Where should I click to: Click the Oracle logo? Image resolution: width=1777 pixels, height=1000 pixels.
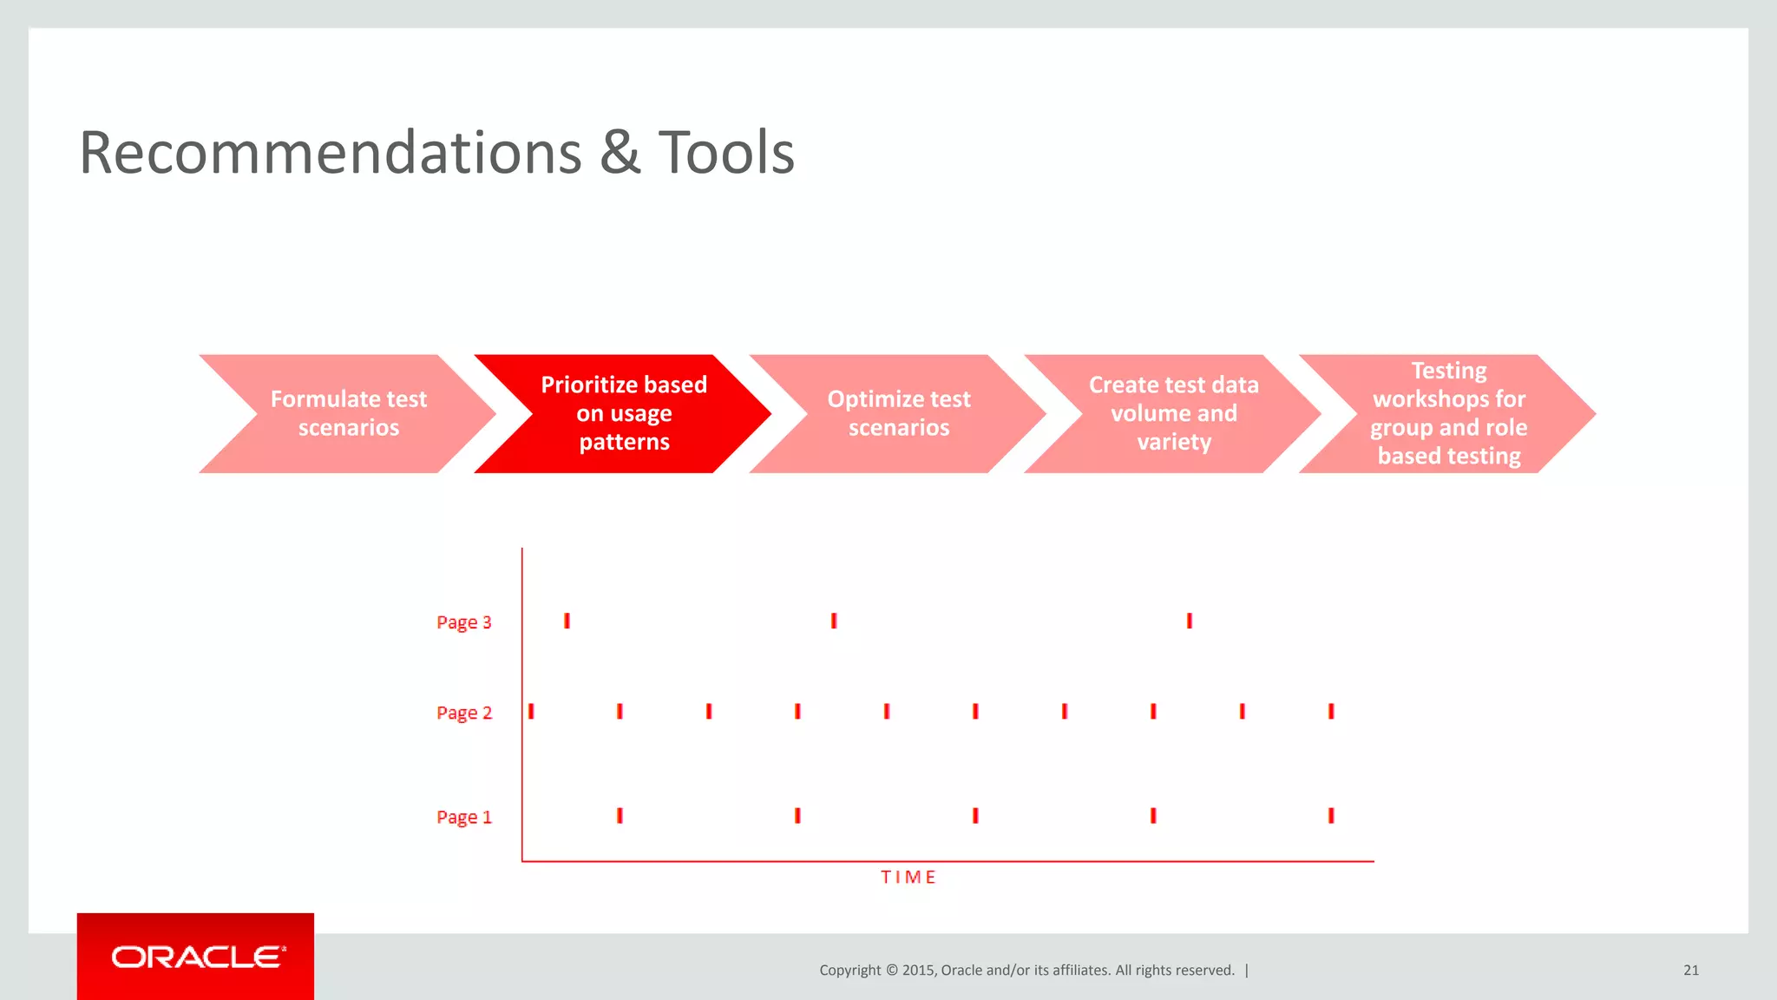pyautogui.click(x=197, y=957)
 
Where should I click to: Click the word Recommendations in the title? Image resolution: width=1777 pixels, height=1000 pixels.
pyautogui.click(x=330, y=153)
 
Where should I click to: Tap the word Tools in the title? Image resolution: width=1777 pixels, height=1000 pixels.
pyautogui.click(x=726, y=153)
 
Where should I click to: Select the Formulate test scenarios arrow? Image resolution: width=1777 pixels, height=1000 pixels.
pyautogui.click(x=348, y=413)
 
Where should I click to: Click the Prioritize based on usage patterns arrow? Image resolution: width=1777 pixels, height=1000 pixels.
pyautogui.click(x=624, y=413)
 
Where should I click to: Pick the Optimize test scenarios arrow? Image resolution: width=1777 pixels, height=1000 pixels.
pyautogui.click(x=899, y=413)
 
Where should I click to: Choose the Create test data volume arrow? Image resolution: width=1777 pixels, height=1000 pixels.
pyautogui.click(x=1173, y=413)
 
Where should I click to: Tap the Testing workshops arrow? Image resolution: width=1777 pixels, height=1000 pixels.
pyautogui.click(x=1448, y=413)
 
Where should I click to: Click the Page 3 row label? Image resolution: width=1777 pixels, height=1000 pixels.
pyautogui.click(x=463, y=622)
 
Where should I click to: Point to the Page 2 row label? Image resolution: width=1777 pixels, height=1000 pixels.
pyautogui.click(x=463, y=713)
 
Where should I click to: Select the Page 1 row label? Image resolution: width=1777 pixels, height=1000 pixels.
pyautogui.click(x=463, y=817)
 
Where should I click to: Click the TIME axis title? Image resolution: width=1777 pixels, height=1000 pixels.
pyautogui.click(x=908, y=878)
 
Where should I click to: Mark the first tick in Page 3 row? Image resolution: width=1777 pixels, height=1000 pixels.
pyautogui.click(x=567, y=621)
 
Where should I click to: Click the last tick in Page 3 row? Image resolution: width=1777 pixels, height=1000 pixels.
pyautogui.click(x=1190, y=621)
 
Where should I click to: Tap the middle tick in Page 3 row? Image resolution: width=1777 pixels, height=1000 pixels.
pyautogui.click(x=834, y=621)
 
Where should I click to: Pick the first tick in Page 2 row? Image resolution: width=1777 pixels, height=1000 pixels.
pyautogui.click(x=531, y=711)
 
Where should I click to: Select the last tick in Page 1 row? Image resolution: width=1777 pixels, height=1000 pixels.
pyautogui.click(x=1331, y=815)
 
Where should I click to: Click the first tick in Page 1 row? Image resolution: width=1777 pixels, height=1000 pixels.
pyautogui.click(x=620, y=815)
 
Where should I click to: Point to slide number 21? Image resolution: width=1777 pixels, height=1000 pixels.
pyautogui.click(x=1690, y=970)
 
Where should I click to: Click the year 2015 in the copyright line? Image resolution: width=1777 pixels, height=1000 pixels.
pyautogui.click(x=917, y=970)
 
